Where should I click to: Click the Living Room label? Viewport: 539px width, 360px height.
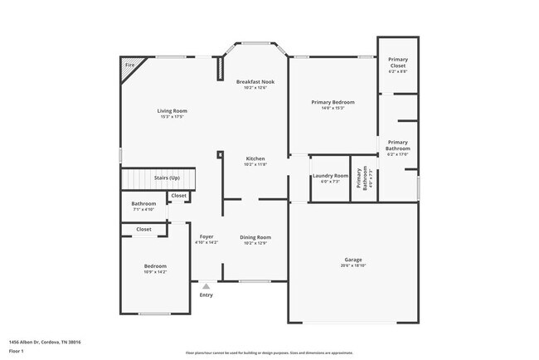(172, 110)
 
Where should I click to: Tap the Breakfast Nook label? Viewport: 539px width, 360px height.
(255, 81)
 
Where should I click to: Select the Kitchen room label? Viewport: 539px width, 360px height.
(255, 158)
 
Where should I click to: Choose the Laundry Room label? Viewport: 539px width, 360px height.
(329, 176)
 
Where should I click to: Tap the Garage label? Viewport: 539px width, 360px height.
(353, 260)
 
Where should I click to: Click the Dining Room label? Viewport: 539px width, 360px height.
(255, 237)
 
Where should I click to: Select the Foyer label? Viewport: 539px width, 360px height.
(206, 237)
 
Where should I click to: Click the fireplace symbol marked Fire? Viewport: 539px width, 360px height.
(130, 66)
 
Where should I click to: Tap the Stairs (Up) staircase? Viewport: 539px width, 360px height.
(158, 178)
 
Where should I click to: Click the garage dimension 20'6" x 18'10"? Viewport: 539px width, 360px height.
(353, 266)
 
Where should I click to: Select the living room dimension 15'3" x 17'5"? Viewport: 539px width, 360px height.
(172, 117)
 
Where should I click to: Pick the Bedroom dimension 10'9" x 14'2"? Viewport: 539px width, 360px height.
(155, 272)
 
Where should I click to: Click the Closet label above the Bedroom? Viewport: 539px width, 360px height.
(143, 229)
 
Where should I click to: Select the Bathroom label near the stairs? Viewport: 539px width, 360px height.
(143, 204)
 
